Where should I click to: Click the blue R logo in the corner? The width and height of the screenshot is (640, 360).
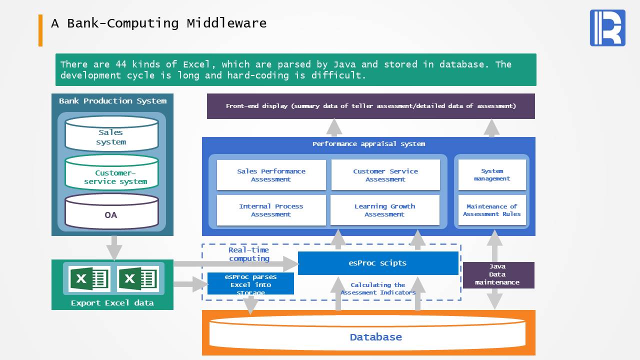[x=607, y=27]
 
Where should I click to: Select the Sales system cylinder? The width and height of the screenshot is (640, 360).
[x=111, y=133]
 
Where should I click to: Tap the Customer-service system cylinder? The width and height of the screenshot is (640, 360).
[x=111, y=172]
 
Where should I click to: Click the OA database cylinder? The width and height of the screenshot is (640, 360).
[x=111, y=211]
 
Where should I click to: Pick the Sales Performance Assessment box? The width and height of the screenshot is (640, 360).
[x=271, y=175]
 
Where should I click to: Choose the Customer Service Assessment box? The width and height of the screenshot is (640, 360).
[x=385, y=175]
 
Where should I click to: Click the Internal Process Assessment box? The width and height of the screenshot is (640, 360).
[x=271, y=210]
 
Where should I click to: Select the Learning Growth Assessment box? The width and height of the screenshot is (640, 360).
[x=385, y=210]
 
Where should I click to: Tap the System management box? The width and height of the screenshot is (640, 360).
[x=492, y=174]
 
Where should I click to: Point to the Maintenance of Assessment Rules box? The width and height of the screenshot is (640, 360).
[x=492, y=210]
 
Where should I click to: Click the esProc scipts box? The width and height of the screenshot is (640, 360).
[x=378, y=263]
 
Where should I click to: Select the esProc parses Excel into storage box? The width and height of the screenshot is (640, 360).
[x=250, y=283]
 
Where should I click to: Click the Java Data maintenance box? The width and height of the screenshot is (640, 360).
[x=498, y=275]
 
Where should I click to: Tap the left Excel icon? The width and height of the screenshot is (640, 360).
[x=89, y=278]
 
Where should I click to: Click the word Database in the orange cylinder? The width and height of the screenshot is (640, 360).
[x=375, y=337]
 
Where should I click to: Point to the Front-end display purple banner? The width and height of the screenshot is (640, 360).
[x=371, y=106]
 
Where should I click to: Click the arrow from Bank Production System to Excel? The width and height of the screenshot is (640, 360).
[x=114, y=248]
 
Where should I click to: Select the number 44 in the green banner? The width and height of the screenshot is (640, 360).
[x=121, y=64]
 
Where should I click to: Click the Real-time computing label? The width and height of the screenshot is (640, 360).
[x=249, y=254]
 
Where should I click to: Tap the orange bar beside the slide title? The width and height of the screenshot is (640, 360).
[x=40, y=30]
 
